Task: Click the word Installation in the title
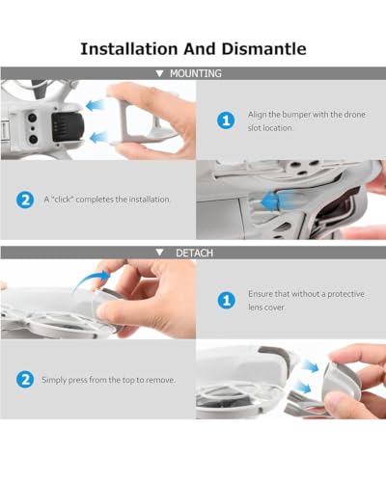[129, 49]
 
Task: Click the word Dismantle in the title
[263, 49]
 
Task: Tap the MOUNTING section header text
[196, 73]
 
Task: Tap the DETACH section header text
[194, 253]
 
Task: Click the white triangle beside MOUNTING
[159, 73]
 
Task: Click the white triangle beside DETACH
[159, 253]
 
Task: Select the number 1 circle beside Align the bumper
[226, 120]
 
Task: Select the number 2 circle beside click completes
[25, 200]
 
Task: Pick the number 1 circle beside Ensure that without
[227, 300]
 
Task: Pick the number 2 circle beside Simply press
[25, 380]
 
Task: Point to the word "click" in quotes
[63, 200]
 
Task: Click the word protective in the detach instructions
[345, 294]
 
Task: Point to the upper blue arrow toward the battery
[96, 105]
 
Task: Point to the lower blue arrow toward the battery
[99, 138]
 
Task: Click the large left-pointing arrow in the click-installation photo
[277, 201]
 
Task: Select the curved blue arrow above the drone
[92, 281]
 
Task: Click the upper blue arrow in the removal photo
[310, 365]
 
